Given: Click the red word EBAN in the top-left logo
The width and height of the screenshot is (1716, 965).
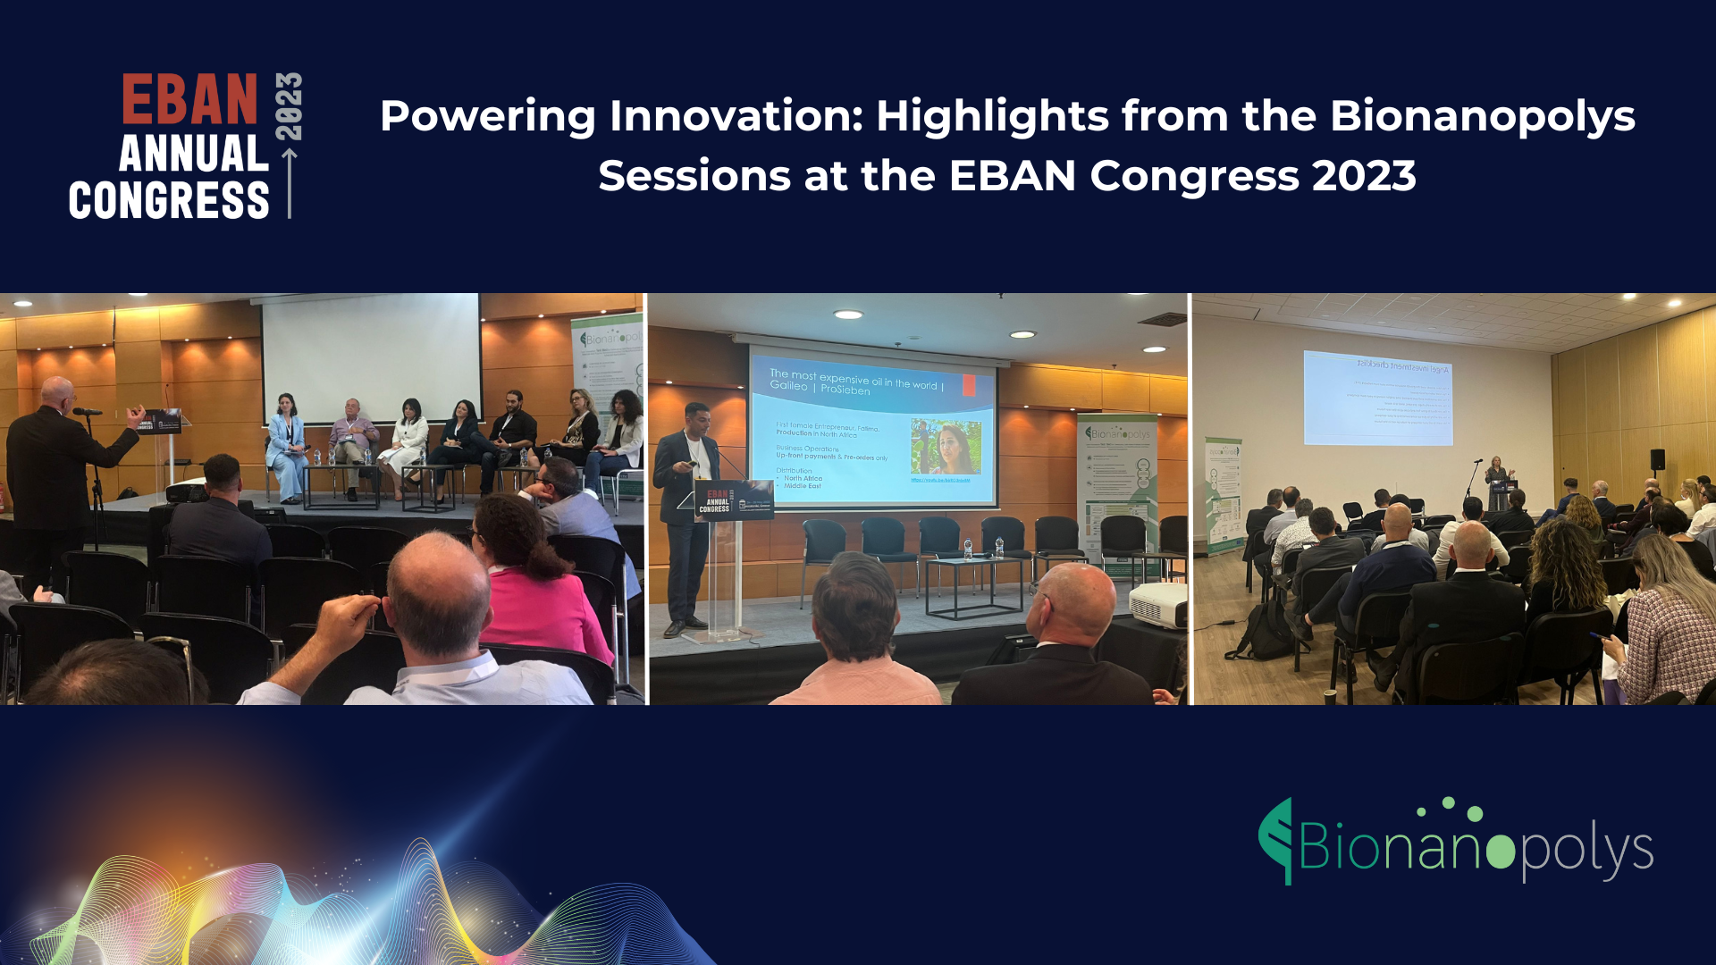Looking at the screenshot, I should click(x=189, y=99).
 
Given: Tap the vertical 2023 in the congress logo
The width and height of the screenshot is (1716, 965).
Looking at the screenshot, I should click(x=289, y=106).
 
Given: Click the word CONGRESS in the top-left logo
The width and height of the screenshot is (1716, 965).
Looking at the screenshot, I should click(x=169, y=200).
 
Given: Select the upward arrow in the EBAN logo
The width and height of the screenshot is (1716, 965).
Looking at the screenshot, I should click(x=290, y=183).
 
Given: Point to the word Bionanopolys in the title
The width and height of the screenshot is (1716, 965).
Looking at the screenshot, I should click(x=1482, y=116).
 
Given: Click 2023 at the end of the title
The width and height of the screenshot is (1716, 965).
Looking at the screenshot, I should click(x=1364, y=176).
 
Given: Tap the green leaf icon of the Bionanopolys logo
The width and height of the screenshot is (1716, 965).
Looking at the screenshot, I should click(x=1277, y=840).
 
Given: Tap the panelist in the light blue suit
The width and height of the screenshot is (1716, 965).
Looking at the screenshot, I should click(x=286, y=447).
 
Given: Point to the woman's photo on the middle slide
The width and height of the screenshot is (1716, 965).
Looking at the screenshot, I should click(x=946, y=447).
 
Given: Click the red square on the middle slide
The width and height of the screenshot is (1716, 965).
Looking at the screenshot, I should click(x=969, y=386).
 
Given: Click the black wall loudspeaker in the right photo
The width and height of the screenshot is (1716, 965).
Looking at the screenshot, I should click(x=1657, y=459).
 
